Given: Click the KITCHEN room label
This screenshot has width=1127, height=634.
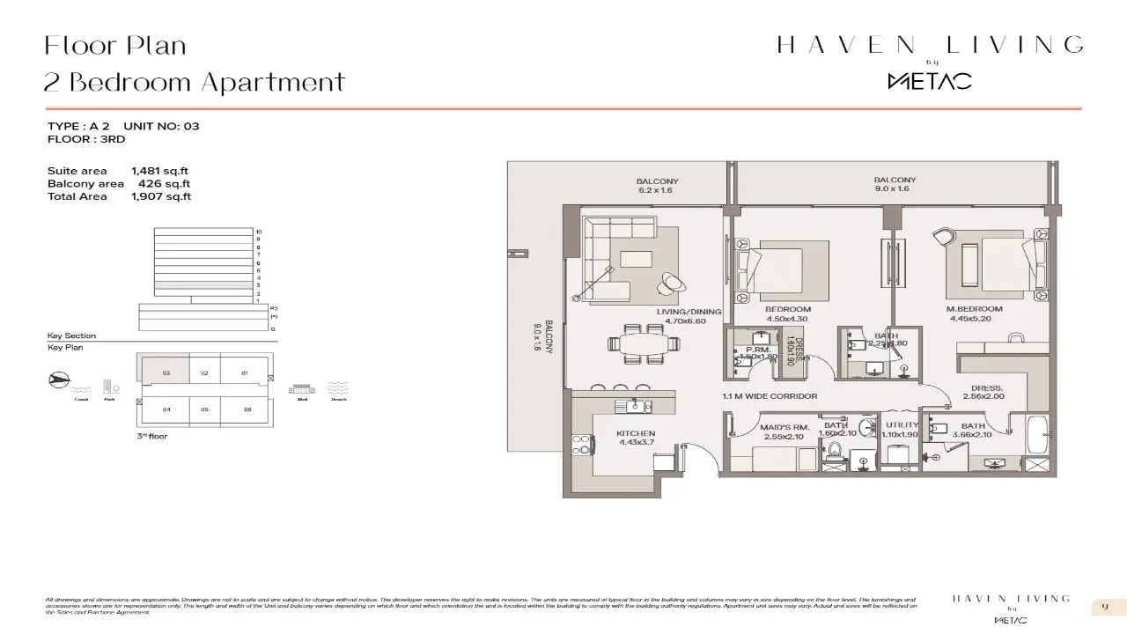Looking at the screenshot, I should pos(636,433).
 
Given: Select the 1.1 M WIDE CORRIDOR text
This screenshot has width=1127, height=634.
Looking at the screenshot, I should pos(770,396).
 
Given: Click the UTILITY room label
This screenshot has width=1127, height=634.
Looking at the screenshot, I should pos(902,425).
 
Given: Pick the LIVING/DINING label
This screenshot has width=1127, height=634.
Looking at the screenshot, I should pos(689,311).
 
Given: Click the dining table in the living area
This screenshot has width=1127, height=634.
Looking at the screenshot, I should pos(640,343).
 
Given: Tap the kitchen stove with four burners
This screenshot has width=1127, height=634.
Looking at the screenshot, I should pos(582,445).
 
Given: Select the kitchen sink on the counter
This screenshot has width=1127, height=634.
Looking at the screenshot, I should pos(633,406).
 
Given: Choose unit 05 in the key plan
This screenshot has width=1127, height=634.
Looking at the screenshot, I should pos(204,409).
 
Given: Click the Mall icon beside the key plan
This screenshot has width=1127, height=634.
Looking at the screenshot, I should pos(301,388).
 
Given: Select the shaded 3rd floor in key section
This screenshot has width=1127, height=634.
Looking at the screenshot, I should pos(203,285).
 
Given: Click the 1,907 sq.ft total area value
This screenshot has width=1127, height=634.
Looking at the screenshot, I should pos(161,196).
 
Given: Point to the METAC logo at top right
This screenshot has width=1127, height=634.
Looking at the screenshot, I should pos(929,81).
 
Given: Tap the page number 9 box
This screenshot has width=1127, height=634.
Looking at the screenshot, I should pos(1104,608).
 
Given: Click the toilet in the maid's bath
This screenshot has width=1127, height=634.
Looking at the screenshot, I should pos(834,451).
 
